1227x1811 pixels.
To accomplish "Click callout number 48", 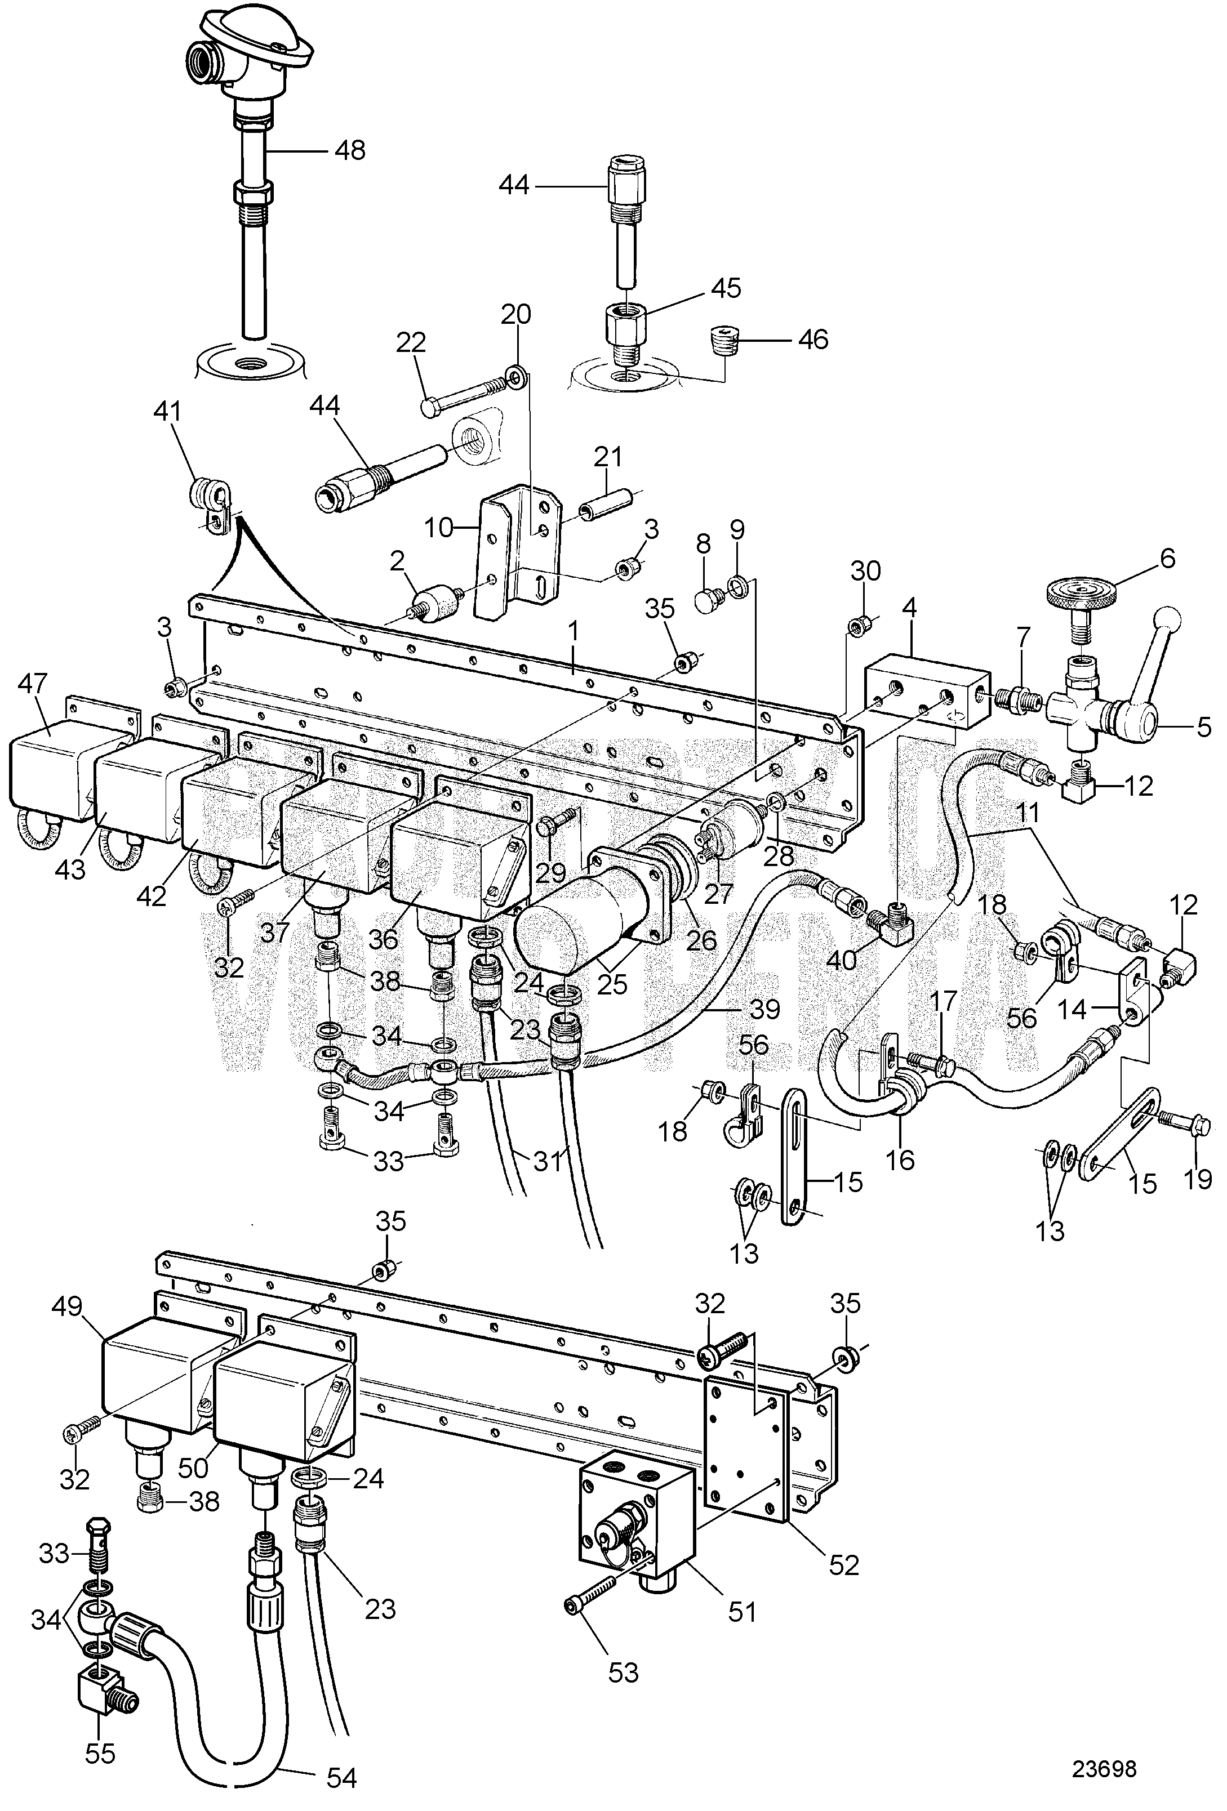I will (x=349, y=150).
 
